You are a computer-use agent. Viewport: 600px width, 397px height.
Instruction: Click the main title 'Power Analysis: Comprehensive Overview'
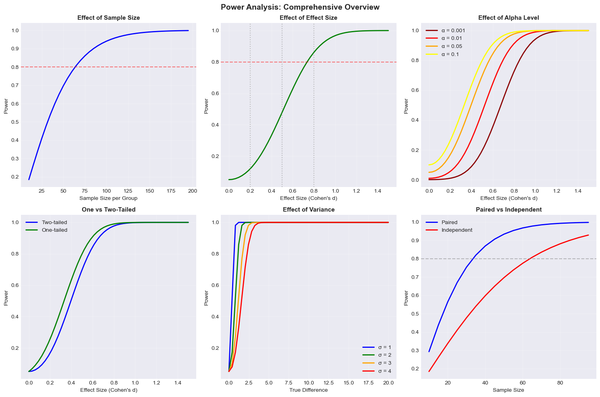(x=300, y=7)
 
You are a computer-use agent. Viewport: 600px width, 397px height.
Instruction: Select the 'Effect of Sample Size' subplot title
(x=108, y=18)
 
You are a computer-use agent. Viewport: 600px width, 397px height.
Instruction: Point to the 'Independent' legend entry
(x=457, y=230)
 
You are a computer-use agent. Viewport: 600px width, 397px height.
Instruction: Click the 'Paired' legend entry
(x=449, y=222)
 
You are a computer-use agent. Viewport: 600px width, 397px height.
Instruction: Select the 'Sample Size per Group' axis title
(x=108, y=198)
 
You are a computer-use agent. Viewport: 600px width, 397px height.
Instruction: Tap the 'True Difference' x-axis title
(x=309, y=390)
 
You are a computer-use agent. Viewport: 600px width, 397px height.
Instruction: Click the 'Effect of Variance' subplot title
(x=309, y=210)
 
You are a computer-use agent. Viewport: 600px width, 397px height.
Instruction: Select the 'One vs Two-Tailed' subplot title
(x=108, y=210)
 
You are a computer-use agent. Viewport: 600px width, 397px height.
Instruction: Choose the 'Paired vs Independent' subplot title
(x=509, y=210)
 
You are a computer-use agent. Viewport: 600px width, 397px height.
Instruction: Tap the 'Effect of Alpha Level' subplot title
(x=509, y=18)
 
